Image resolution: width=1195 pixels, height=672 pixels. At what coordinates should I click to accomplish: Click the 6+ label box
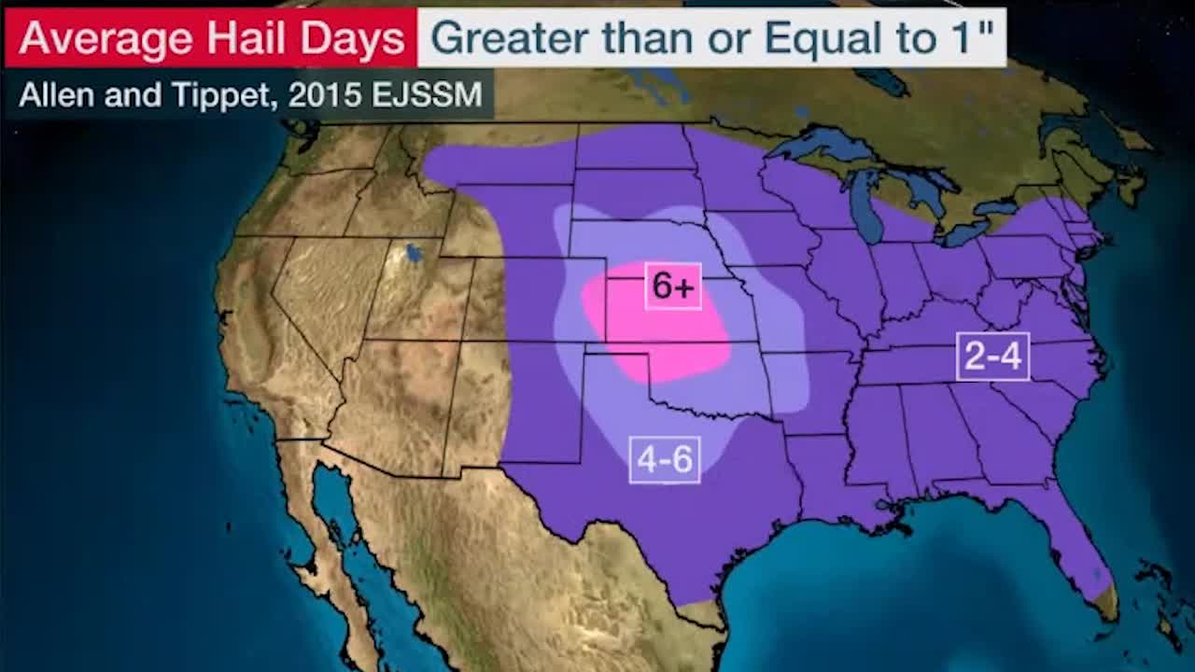pos(673,287)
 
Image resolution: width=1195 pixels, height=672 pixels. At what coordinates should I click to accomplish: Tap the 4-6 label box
pos(665,460)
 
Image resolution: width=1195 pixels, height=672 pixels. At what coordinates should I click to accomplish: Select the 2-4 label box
pos(992,357)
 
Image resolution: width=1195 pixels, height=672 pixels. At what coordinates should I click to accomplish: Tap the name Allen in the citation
pos(54,94)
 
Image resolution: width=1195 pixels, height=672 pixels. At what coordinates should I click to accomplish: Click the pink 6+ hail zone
pos(654,327)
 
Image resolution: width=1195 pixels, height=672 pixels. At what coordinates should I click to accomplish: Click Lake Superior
pos(822,145)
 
